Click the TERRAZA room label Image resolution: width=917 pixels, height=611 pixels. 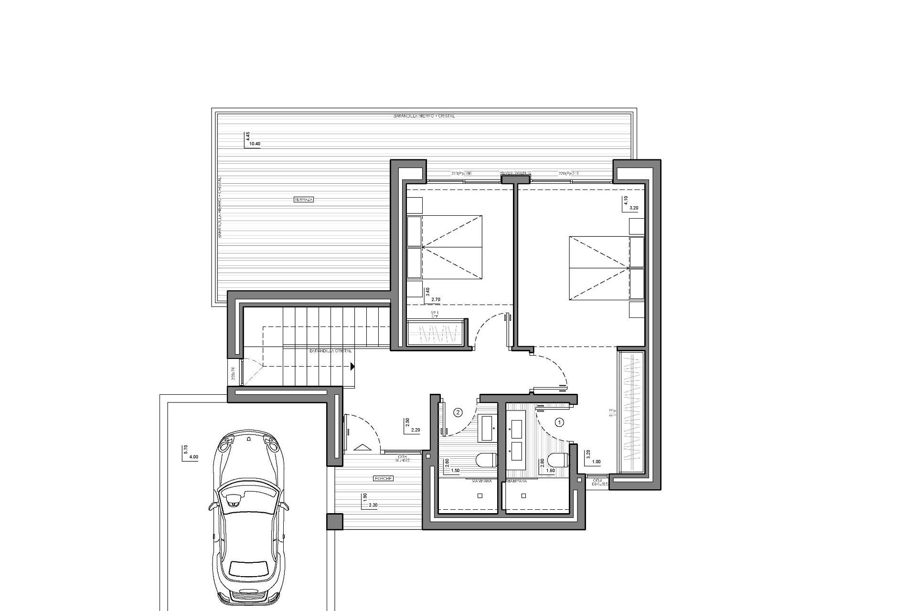(x=304, y=200)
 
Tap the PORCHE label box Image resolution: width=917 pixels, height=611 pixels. (x=383, y=478)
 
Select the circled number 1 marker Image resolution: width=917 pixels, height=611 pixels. (x=560, y=422)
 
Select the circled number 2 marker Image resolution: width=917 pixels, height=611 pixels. (x=458, y=412)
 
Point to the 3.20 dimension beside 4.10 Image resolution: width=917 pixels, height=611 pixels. (x=634, y=208)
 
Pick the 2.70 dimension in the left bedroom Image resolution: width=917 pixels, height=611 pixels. (x=436, y=300)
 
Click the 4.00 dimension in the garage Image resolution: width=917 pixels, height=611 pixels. (x=193, y=457)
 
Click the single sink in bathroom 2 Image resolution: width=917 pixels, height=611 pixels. (x=487, y=428)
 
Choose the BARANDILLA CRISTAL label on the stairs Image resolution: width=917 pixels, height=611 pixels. (x=331, y=351)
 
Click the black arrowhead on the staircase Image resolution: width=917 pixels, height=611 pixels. (x=352, y=367)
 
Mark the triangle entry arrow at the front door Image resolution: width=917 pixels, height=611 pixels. (x=363, y=447)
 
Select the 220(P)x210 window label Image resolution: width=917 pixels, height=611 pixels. (x=568, y=173)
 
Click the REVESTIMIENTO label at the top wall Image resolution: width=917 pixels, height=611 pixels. (x=515, y=172)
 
